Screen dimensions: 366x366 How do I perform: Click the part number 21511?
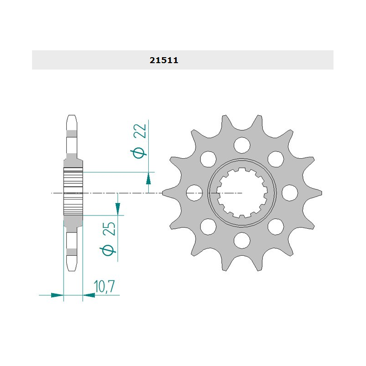pos(164,60)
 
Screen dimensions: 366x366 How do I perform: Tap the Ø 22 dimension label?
pos(139,141)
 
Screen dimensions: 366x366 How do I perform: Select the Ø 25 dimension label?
pos(108,238)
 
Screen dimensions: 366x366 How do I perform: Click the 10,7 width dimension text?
pos(104,286)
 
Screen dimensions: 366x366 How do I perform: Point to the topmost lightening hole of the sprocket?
pos(242,145)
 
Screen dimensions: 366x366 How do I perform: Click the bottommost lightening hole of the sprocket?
pos(242,241)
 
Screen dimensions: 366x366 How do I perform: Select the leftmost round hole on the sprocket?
pos(194,193)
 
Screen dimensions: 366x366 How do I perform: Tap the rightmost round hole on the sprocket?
pos(290,193)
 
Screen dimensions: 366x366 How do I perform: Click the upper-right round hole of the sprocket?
pos(276,159)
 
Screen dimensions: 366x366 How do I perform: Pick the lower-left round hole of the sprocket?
pos(208,226)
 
